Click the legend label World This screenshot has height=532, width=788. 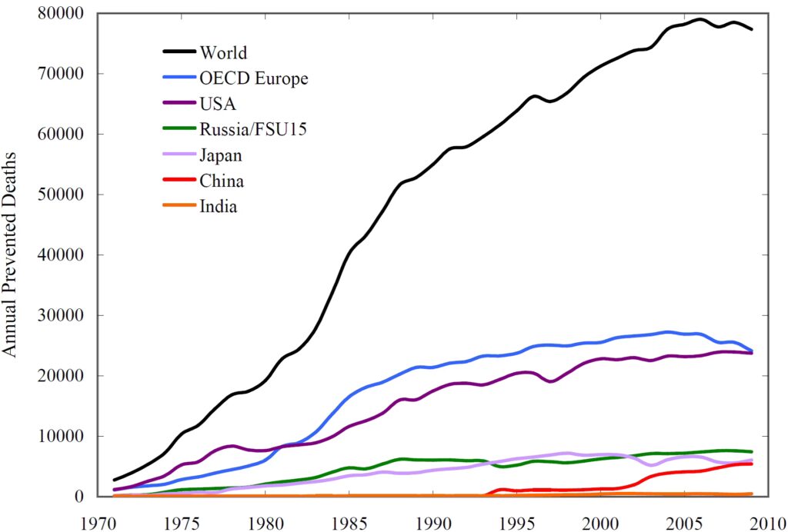pyautogui.click(x=223, y=52)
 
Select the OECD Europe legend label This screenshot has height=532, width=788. pyautogui.click(x=253, y=78)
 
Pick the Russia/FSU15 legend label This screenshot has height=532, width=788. pyautogui.click(x=253, y=129)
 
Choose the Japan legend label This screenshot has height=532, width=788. pyautogui.click(x=221, y=155)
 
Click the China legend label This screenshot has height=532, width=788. pyautogui.click(x=222, y=181)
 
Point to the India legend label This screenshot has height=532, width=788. pyautogui.click(x=219, y=207)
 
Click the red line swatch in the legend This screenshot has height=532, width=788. pyautogui.click(x=178, y=181)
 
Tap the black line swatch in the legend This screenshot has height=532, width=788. pyautogui.click(x=178, y=52)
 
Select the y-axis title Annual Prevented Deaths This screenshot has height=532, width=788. pyautogui.click(x=10, y=254)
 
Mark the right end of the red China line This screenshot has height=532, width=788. pyautogui.click(x=752, y=464)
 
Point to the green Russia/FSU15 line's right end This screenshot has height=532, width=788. pyautogui.click(x=752, y=451)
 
